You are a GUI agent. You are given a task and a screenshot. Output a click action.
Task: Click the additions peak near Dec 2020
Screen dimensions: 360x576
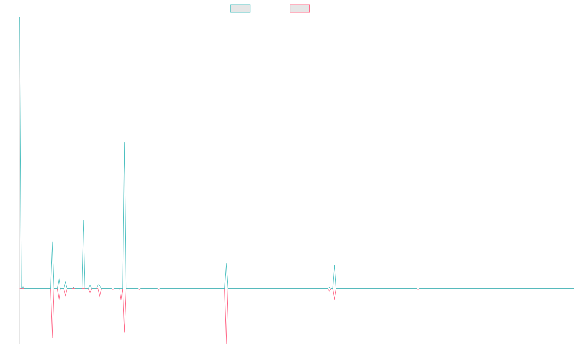(x=124, y=142)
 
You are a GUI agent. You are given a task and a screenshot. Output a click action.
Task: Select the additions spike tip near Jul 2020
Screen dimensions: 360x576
(x=84, y=220)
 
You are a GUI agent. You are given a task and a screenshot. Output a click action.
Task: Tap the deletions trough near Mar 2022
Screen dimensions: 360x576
(x=226, y=343)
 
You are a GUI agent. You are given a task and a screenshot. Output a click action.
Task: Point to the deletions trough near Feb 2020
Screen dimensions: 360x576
(x=52, y=338)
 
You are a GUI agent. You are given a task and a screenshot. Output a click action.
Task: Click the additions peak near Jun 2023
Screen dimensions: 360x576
(x=334, y=265)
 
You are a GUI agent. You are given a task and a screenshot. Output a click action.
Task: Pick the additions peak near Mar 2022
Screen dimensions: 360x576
(x=226, y=263)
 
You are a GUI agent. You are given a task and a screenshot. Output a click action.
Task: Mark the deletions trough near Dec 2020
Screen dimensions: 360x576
(x=124, y=333)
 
